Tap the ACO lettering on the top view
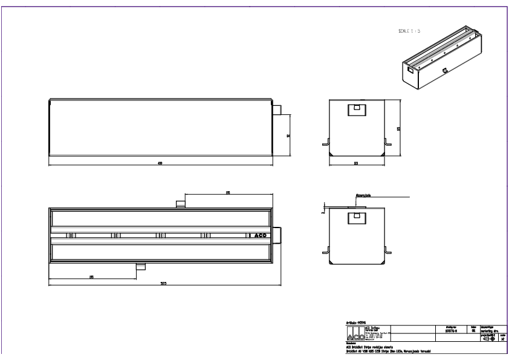261,235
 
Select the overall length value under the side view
160,162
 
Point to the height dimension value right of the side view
288,136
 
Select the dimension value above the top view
228,192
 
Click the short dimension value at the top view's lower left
91,277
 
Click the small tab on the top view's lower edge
140,267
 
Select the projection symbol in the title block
488,338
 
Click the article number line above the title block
357,322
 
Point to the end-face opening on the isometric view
411,70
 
